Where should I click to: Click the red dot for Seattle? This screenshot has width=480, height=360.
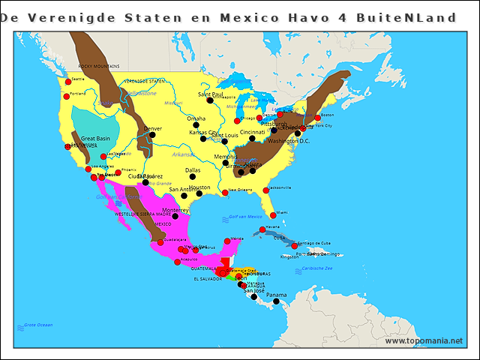[67, 82]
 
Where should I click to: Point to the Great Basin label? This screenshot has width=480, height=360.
[95, 139]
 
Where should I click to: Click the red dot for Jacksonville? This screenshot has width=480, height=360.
[265, 190]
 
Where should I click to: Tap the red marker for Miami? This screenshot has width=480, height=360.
[273, 215]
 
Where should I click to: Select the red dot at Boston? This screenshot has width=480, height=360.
[316, 118]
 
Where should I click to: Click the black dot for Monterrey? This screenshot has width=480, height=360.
[175, 216]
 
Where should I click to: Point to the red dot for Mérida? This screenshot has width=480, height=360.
[227, 241]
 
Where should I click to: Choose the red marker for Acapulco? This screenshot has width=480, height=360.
[177, 262]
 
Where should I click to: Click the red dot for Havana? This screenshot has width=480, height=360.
[262, 229]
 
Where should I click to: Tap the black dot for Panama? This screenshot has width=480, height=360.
[276, 301]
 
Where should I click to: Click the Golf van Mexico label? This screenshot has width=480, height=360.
[245, 217]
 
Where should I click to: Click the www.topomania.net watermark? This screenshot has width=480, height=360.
[424, 340]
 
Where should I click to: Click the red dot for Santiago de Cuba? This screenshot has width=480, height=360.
[294, 246]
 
